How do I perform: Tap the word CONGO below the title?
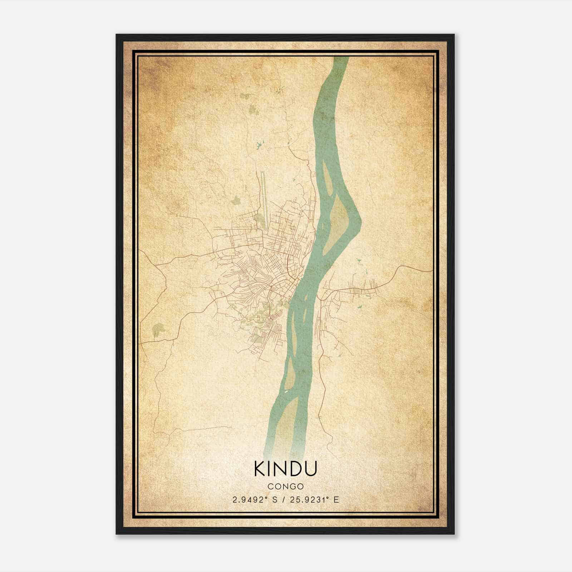[x=285, y=487]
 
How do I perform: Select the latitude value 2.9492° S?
[x=255, y=500]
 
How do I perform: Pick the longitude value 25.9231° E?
[x=315, y=500]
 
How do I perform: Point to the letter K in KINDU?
[x=259, y=469]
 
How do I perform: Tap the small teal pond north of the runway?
[x=258, y=146]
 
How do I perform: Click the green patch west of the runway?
[x=235, y=201]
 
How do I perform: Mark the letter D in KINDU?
[x=294, y=469]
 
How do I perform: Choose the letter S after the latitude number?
[x=275, y=500]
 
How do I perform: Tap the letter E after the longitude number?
[x=336, y=500]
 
